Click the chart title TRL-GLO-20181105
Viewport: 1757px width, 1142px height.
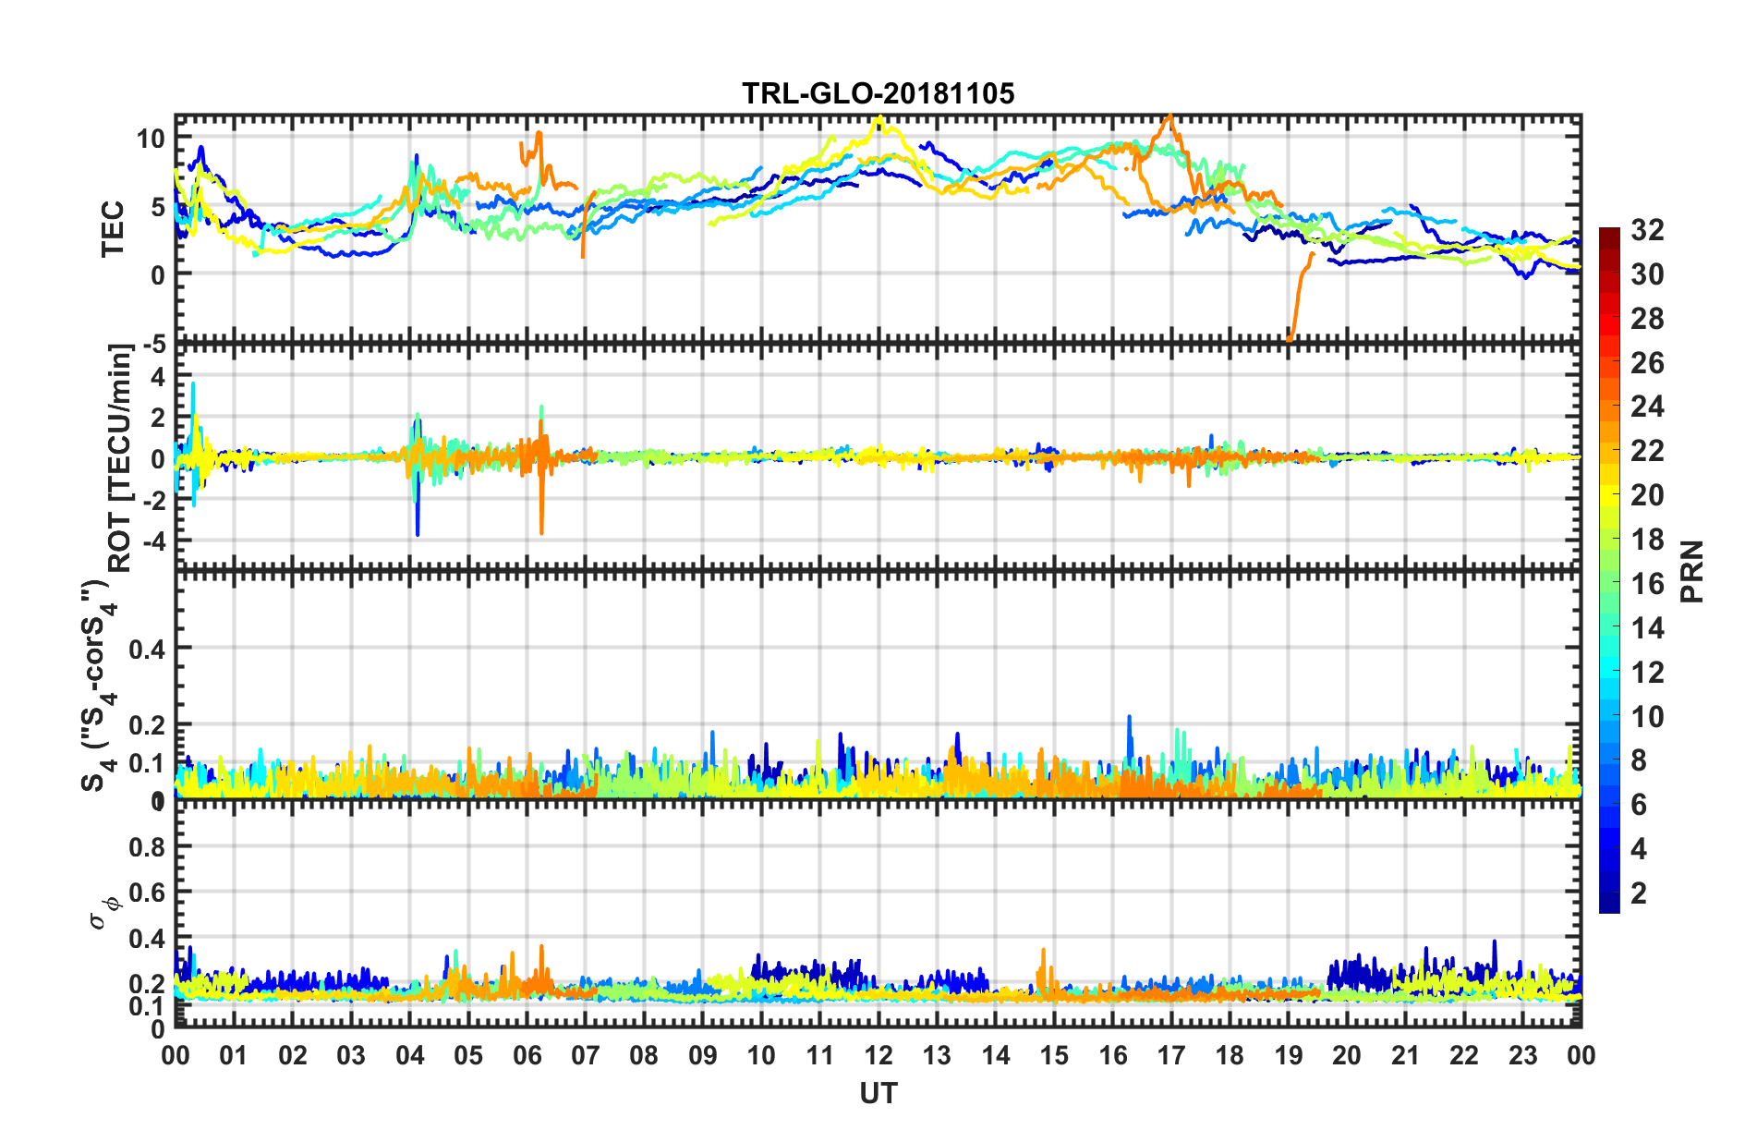tap(878, 93)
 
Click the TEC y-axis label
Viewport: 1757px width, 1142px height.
tap(113, 228)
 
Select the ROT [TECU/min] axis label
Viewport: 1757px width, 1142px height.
tap(120, 457)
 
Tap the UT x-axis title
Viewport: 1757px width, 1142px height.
tap(878, 1094)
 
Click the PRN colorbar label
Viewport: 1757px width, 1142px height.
tap(1691, 571)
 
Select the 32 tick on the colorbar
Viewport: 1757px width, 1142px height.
tap(1647, 230)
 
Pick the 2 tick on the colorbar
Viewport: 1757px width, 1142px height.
tap(1639, 893)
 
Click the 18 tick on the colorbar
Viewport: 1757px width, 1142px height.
tap(1647, 540)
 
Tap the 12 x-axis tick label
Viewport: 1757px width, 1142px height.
tap(878, 1055)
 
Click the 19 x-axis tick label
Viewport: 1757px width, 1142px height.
tap(1289, 1055)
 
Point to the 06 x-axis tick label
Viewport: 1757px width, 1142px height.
tap(527, 1055)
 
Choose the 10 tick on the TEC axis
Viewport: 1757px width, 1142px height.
tap(150, 140)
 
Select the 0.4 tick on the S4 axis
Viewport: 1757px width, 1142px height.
tap(147, 650)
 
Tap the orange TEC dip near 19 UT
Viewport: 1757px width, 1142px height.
tap(1290, 335)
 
